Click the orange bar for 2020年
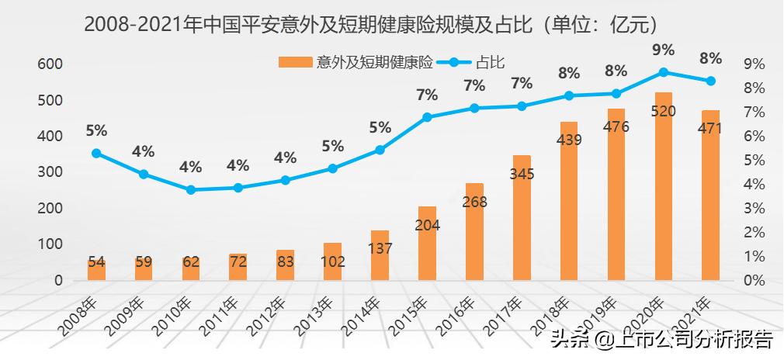(x=663, y=186)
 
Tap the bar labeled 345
(x=522, y=217)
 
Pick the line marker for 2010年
(x=191, y=189)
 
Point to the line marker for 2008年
(x=96, y=154)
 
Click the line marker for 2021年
(x=710, y=81)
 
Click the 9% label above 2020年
(x=663, y=50)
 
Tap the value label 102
(x=332, y=261)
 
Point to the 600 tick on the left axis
(x=50, y=64)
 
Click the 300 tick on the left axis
(x=50, y=172)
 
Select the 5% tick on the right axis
(x=755, y=161)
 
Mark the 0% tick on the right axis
(x=755, y=280)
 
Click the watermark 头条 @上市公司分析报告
(x=661, y=340)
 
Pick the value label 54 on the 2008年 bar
(x=96, y=262)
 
